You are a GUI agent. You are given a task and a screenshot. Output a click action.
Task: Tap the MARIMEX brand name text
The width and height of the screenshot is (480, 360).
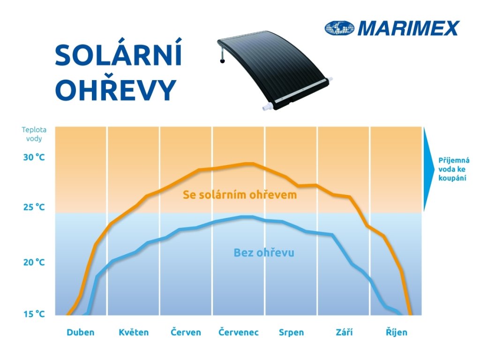pos(408,28)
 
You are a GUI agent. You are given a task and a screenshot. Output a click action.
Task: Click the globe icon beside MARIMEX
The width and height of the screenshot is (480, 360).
pos(339,28)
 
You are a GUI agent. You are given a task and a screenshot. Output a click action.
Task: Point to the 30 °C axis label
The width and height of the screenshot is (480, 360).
pos(34,157)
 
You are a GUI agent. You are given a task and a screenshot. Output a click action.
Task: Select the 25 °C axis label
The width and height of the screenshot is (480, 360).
pos(34,207)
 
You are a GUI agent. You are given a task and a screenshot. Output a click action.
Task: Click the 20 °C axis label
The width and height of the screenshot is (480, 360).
pos(34,262)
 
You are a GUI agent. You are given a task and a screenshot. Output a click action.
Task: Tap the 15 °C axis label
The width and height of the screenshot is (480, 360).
pos(34,314)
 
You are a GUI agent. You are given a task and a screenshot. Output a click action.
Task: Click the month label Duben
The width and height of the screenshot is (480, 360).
pos(81,332)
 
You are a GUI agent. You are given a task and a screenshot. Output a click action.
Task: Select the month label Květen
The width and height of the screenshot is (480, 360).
pos(134,332)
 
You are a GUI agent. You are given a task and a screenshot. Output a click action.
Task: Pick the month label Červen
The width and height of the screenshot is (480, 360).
pos(186,332)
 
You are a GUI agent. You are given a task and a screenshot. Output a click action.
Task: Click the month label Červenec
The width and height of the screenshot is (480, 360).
pos(239,332)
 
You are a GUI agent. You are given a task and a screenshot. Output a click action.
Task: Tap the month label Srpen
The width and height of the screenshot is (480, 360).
pos(291,333)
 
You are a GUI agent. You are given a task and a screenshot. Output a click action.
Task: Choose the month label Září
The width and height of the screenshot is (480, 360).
pos(344,332)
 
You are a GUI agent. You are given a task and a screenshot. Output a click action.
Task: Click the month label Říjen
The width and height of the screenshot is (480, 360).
pos(397,332)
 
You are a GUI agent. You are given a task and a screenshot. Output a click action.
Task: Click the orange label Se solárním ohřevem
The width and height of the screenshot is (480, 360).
pos(240,195)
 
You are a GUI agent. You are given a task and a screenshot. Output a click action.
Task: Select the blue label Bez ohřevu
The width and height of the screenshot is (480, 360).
pos(264,253)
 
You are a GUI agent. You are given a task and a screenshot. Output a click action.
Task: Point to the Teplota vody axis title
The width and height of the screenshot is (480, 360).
pos(34,134)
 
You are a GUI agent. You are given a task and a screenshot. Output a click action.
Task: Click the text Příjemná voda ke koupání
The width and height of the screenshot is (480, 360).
pos(454,169)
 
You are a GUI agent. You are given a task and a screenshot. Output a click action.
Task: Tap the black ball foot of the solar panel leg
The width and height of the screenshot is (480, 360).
pos(222,61)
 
